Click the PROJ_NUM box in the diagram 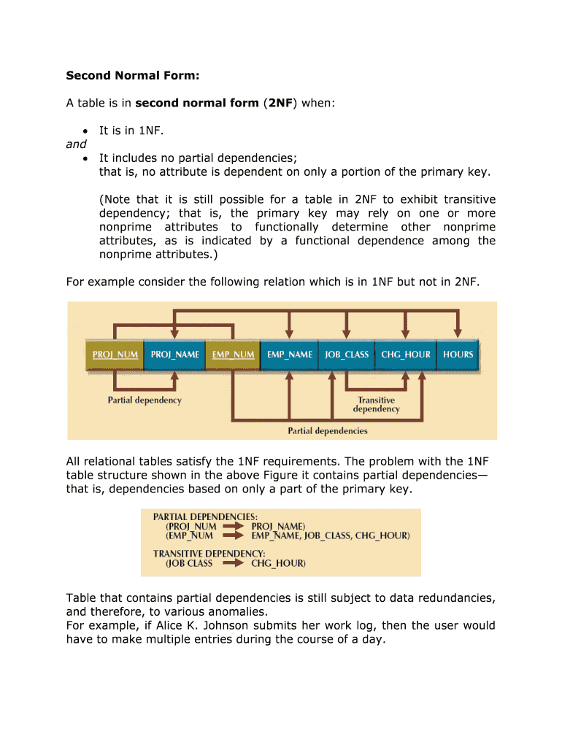115,355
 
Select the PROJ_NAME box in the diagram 174,355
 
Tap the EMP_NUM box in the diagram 233,355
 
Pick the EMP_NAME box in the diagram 290,355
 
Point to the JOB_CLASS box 347,355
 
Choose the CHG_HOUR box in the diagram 405,355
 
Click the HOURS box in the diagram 458,355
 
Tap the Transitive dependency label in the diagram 376,405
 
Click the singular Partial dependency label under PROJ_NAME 145,400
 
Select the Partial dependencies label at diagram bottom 328,430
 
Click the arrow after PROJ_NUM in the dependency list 233,525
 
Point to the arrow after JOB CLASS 233,563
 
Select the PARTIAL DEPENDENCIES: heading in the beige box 200,516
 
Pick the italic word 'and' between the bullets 76,144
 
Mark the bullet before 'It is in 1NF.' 86,131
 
